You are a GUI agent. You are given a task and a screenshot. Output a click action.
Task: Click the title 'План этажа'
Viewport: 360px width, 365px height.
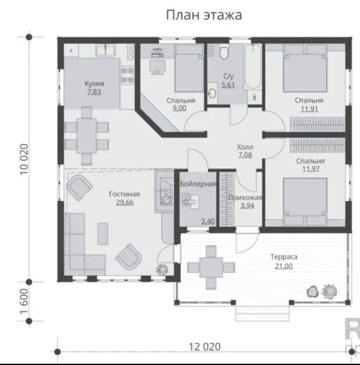(204, 15)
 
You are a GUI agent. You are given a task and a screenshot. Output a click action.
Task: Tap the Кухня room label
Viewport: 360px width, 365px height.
(94, 83)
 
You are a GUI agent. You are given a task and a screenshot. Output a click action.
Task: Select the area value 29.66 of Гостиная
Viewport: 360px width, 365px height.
(125, 203)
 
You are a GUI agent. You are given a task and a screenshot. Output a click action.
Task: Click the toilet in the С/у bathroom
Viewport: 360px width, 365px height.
(224, 51)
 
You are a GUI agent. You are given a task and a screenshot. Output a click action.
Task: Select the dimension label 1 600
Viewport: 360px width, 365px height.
(24, 301)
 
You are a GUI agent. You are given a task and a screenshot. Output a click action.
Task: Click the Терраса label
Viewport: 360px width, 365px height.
(284, 257)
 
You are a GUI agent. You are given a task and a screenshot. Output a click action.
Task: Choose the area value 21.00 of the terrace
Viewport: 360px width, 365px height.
(284, 266)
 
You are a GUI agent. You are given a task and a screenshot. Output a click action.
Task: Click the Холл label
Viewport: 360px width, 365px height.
(245, 147)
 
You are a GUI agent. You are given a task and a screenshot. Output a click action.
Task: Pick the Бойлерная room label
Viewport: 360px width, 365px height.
(198, 184)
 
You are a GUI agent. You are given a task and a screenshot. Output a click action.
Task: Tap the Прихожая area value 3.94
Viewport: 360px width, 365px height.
(247, 206)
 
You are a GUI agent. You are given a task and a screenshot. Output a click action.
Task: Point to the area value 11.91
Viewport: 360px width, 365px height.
(309, 109)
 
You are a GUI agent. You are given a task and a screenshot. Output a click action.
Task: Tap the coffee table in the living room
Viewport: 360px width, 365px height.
(103, 233)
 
